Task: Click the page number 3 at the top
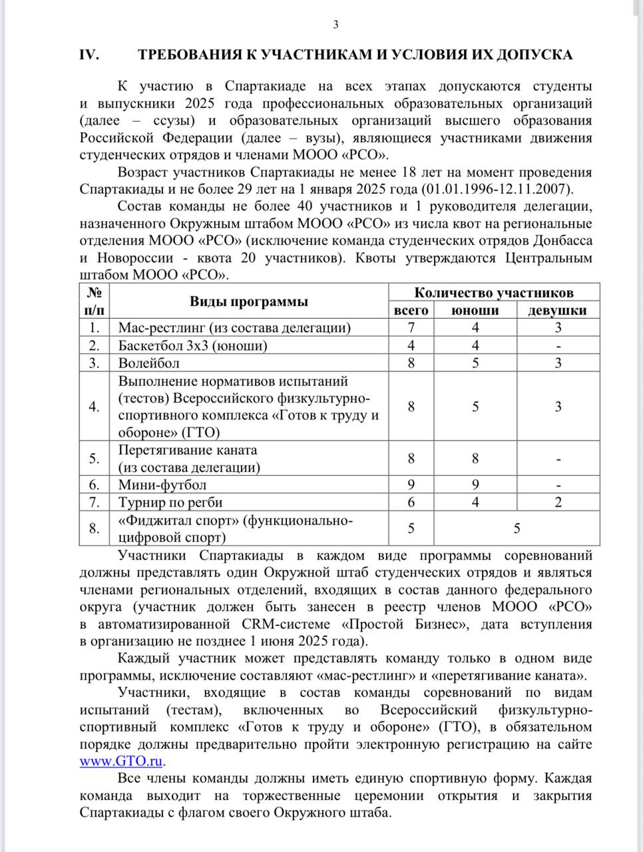point(335,25)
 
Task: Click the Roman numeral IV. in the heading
point(90,55)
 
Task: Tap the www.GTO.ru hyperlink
point(121,761)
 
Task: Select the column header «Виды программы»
point(249,301)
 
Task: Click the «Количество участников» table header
point(494,292)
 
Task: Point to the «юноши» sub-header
point(475,310)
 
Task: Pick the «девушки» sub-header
point(558,310)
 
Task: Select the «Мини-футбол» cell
point(162,485)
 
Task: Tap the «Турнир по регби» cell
point(170,502)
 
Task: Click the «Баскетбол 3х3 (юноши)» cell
point(193,345)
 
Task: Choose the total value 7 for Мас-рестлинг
point(411,327)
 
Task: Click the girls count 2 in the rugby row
point(558,502)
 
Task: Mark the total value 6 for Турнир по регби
point(411,502)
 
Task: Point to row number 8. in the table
point(95,528)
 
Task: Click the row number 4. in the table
point(95,406)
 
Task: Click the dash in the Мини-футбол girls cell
point(558,485)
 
